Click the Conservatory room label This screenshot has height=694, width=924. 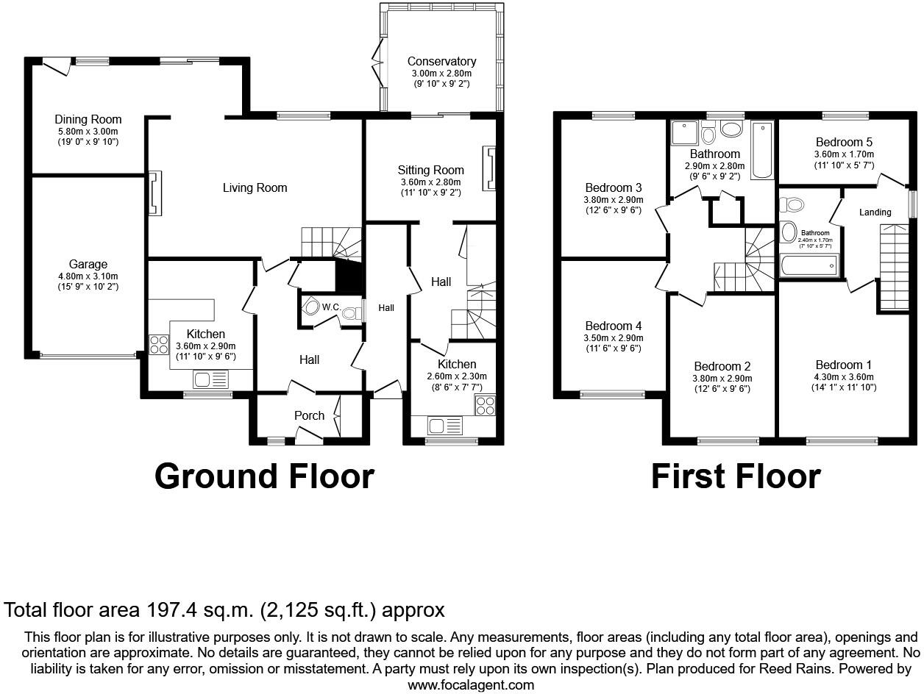click(441, 62)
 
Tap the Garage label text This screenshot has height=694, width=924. click(88, 265)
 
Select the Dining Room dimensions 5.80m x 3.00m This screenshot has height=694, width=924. click(88, 131)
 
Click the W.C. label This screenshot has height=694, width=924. click(330, 307)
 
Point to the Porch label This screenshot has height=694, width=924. click(309, 415)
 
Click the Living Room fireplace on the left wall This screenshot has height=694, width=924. click(155, 194)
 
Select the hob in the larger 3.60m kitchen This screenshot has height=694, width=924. click(158, 344)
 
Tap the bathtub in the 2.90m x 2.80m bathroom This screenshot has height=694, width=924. click(761, 150)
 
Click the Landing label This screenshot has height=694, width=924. click(875, 212)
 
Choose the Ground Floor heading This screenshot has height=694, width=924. click(264, 476)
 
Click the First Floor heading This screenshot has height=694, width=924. click(735, 476)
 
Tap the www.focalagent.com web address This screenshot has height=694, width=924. click(471, 684)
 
